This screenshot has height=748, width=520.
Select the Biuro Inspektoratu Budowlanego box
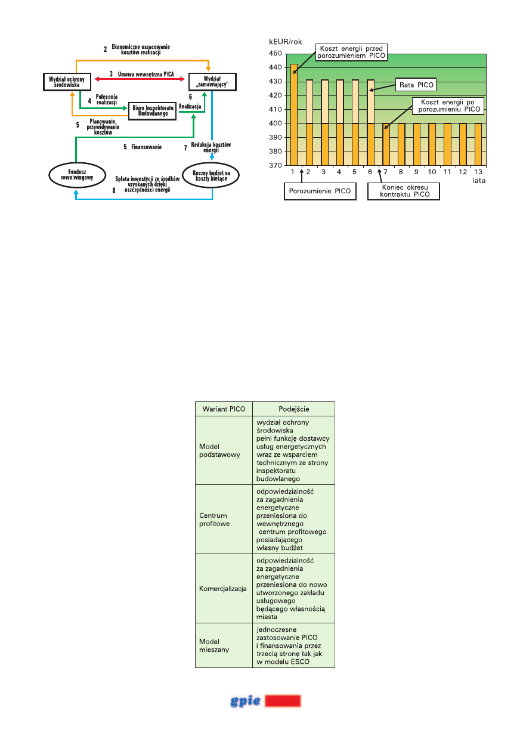153,110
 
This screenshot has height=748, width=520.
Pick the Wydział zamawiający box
212,81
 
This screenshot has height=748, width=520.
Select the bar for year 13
478,144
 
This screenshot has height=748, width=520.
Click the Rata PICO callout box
414,85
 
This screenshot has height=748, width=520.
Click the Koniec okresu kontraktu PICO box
403,192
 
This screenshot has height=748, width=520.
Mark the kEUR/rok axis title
286,42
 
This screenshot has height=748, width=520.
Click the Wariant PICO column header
224,409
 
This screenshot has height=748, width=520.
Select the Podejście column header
293,409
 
